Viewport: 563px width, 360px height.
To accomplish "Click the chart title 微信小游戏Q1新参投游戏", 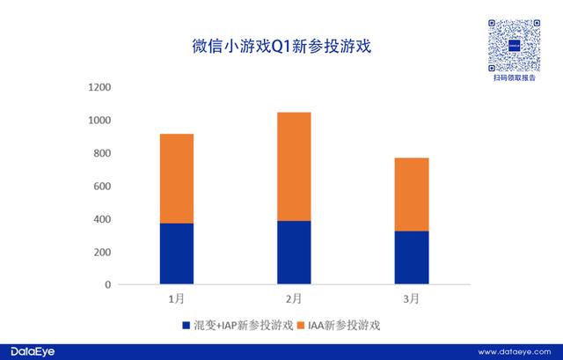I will point(281,45).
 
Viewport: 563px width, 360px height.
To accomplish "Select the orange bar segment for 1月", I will point(176,179).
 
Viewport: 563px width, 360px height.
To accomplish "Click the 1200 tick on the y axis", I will point(99,87).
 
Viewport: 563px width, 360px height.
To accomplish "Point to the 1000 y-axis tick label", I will point(99,121).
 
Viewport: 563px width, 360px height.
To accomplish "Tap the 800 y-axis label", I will point(102,153).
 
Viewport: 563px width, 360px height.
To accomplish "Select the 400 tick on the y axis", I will point(102,219).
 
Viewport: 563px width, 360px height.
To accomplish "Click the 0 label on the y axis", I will point(107,285).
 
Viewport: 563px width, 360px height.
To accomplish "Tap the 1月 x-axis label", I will point(176,299).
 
